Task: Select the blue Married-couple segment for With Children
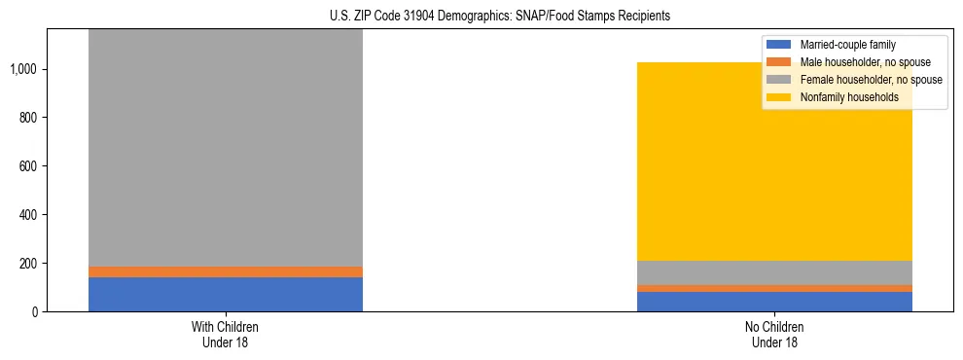tap(226, 294)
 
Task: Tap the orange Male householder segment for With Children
tap(226, 271)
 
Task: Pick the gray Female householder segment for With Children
tap(226, 146)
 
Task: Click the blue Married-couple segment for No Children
tap(775, 302)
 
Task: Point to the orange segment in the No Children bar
tap(775, 288)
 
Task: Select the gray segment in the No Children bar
tap(775, 272)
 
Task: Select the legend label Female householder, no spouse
tap(872, 80)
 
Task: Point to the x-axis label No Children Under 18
tap(775, 335)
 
